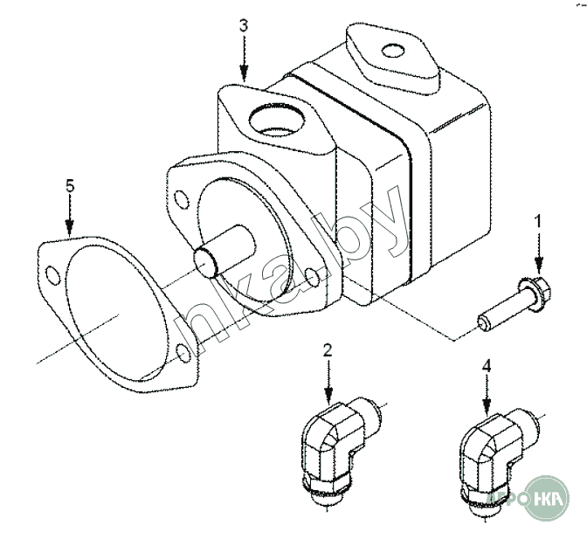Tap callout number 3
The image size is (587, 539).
(x=244, y=25)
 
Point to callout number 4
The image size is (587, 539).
(x=487, y=356)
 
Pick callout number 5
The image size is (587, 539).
(x=69, y=185)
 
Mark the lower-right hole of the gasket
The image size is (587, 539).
(x=183, y=352)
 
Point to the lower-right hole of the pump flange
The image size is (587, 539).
(x=313, y=278)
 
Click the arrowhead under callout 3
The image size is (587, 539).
(x=244, y=77)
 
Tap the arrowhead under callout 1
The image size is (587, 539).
(x=538, y=266)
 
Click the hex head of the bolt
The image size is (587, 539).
(x=533, y=287)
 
